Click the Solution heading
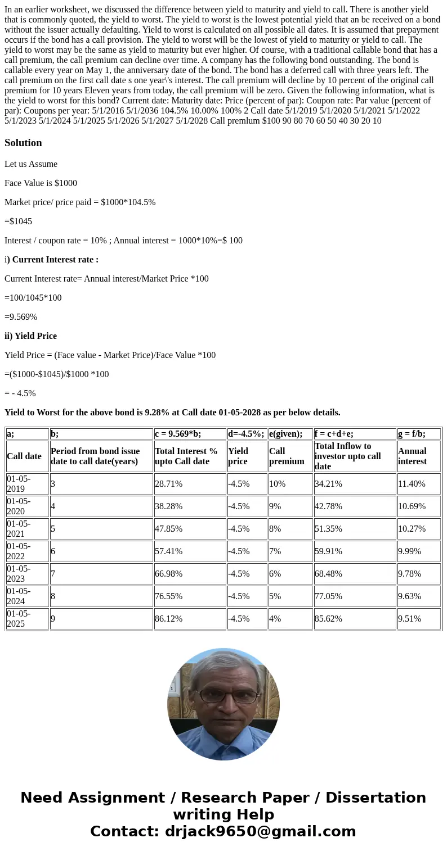23,143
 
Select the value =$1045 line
18,221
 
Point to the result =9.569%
21,317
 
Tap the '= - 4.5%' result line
20,393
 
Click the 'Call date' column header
24,456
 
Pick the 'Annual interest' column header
412,456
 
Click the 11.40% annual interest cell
412,484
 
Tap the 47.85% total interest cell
168,529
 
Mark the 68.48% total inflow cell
328,574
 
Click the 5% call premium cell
275,596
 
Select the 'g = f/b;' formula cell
412,434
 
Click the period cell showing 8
53,596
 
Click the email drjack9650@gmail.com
260,832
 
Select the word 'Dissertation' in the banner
376,798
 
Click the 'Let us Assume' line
31,164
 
